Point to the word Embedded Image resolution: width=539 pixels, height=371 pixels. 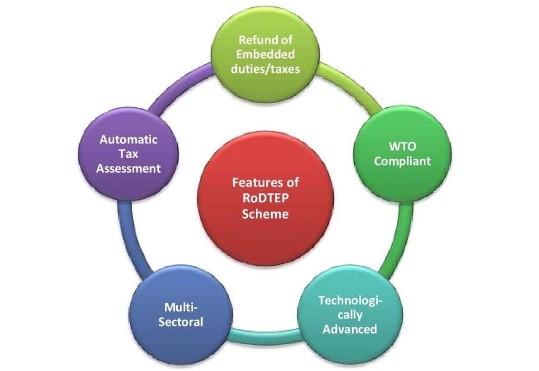click(265, 54)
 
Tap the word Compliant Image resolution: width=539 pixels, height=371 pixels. click(402, 161)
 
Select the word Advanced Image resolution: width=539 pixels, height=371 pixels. click(350, 329)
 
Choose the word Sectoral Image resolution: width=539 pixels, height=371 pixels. click(181, 322)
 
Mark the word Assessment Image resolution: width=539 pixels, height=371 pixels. click(129, 169)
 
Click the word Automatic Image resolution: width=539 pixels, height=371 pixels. click(129, 140)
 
